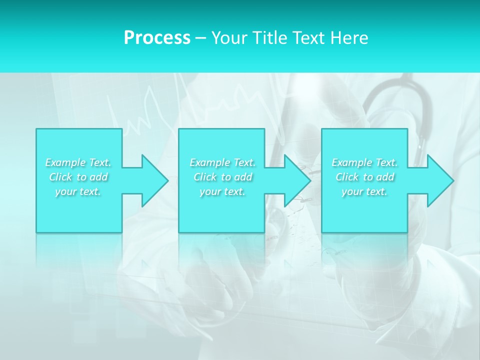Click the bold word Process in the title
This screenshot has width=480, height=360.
[157, 37]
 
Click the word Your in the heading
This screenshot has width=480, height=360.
[229, 37]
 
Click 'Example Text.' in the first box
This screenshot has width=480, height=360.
[78, 162]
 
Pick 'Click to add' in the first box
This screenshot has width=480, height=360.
[78, 177]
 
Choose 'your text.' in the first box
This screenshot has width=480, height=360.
[78, 191]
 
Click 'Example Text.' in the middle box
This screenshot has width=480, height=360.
[222, 162]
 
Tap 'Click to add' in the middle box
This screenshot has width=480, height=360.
[222, 177]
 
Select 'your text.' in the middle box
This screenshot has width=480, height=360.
[222, 191]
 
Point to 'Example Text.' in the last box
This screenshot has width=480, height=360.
[364, 162]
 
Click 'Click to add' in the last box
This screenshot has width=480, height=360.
[364, 177]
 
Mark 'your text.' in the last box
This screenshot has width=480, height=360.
[364, 191]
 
